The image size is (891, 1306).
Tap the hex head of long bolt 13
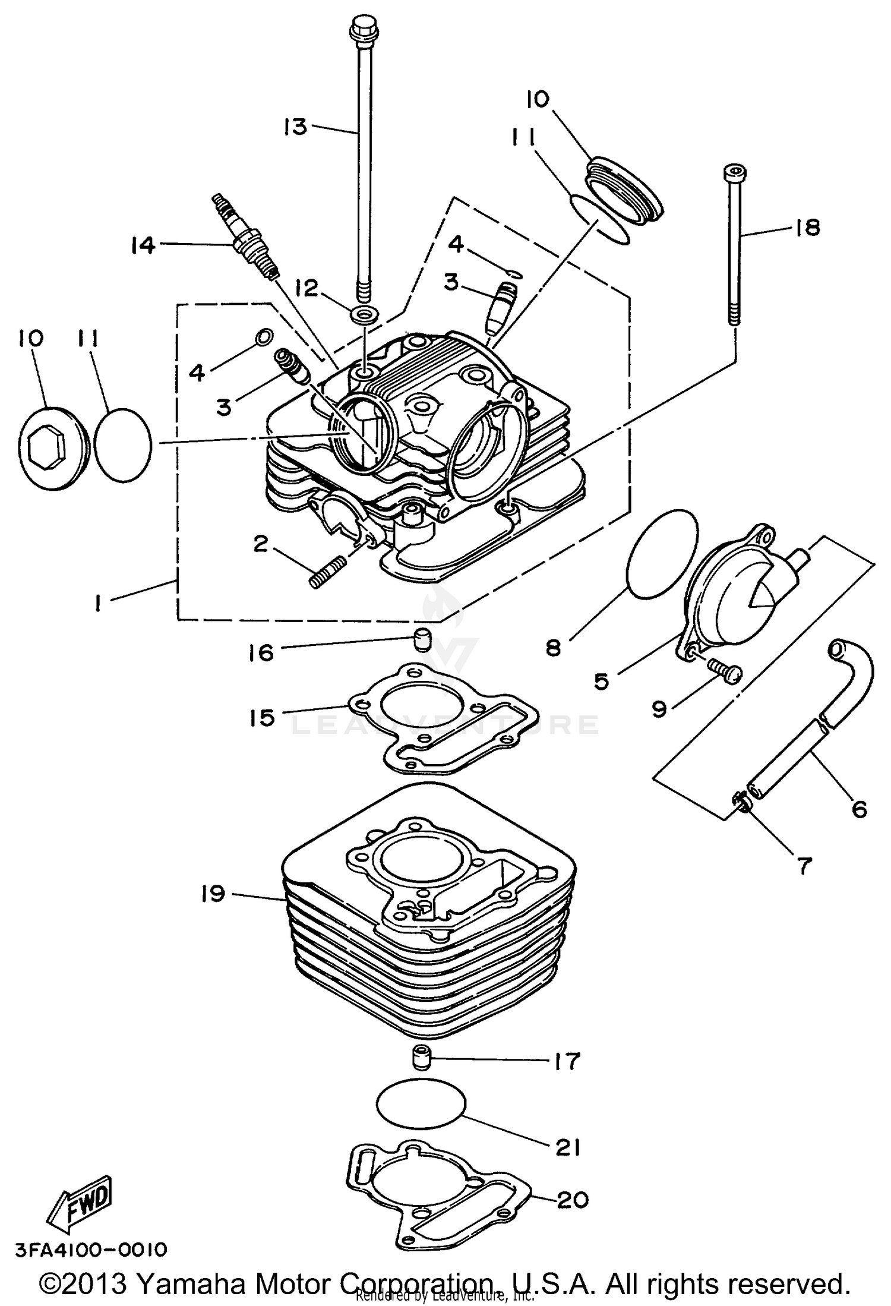click(x=359, y=29)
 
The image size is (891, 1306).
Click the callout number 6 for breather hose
click(x=859, y=809)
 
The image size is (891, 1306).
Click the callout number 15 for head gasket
click(x=263, y=718)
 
